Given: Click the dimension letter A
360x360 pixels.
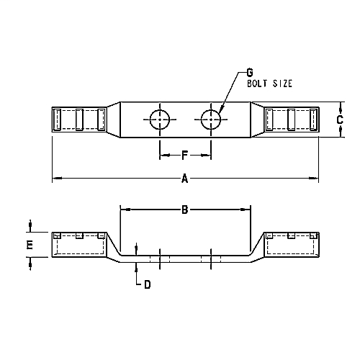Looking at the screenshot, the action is (184, 179).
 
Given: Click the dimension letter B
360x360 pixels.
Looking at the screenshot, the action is (184, 210).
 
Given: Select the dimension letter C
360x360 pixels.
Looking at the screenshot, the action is (340, 120).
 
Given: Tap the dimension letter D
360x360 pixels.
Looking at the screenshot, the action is (147, 284).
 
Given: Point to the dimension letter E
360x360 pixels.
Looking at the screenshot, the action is (30, 245).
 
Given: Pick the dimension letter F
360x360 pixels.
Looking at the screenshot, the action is (184, 156).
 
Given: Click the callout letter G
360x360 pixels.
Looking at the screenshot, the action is (250, 72).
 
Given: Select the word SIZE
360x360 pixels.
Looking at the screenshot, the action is (282, 84).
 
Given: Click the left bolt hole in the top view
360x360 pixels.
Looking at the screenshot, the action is (160, 120).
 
